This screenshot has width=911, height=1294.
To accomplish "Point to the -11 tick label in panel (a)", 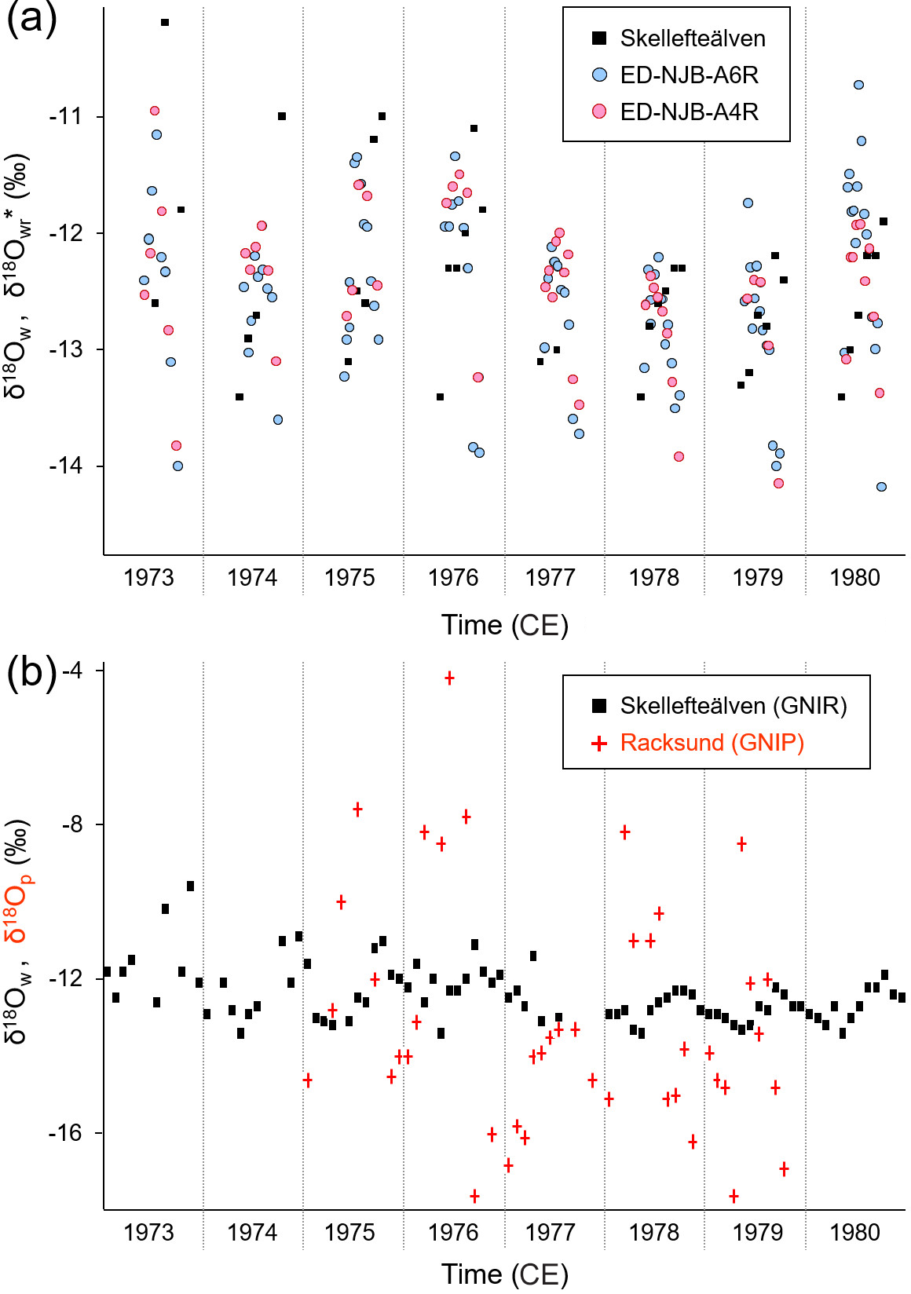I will pos(65,116).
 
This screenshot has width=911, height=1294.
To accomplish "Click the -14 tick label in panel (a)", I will pos(65,466).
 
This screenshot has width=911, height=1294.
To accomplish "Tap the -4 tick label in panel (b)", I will pos(72,670).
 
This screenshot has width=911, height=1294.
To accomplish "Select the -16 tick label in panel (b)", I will pos(65,1132).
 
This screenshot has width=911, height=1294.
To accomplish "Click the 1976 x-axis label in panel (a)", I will pos(453,578).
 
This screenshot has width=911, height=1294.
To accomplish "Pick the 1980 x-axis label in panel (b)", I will pos(854,1232).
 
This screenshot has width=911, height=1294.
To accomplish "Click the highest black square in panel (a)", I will pos(165,23).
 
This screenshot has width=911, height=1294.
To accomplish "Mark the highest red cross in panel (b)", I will pos(449,678).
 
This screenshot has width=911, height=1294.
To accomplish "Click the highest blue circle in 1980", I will pos(858,85).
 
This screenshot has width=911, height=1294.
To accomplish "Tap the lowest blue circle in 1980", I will pos(881,487).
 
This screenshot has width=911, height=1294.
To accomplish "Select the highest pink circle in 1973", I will pos(155,111).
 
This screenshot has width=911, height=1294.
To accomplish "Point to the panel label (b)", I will pos(31,672).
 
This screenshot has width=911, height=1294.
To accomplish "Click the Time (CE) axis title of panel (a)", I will pos(504,625).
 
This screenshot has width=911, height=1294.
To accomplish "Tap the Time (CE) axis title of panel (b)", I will pos(504,1274).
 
